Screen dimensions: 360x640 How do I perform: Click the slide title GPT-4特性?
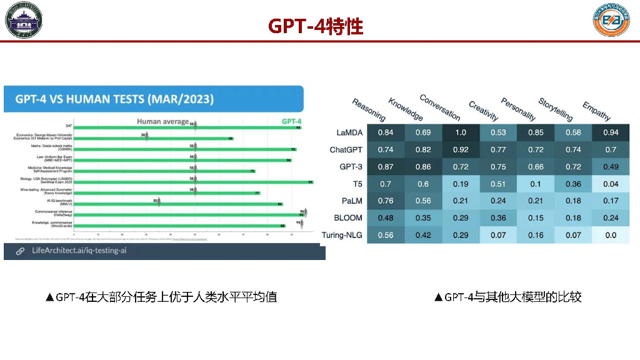point(316,26)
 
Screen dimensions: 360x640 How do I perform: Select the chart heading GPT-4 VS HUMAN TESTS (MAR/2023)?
point(114,99)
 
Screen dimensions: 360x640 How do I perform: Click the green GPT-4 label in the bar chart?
point(291,121)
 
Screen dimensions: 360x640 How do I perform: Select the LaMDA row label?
point(350,132)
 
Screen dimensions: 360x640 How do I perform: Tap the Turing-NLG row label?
point(342,235)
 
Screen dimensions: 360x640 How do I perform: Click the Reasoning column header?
point(369,110)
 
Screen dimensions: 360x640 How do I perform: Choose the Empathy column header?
point(596,111)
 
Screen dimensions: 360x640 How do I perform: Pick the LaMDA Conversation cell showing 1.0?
point(461,132)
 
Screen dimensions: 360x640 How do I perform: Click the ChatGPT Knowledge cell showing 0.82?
point(423,150)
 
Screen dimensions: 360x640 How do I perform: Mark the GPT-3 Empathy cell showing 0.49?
point(611,167)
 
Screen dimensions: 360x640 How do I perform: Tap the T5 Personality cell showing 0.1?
point(536,184)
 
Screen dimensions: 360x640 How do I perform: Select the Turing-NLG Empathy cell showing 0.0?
point(611,235)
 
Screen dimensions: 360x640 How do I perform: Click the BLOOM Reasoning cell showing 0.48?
point(386,218)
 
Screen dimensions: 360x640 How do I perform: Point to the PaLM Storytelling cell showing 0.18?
point(573,201)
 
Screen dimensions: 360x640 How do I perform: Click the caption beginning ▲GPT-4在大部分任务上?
point(161,297)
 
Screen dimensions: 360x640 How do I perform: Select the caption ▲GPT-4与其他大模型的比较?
point(507,297)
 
